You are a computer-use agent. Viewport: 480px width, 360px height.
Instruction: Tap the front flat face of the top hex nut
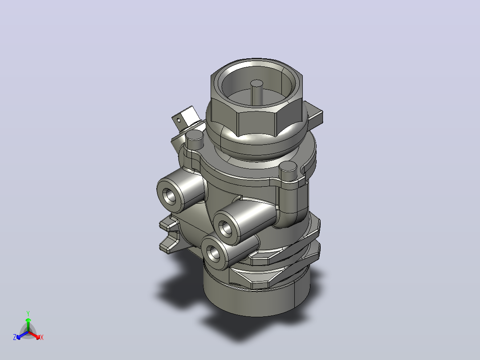click(x=257, y=123)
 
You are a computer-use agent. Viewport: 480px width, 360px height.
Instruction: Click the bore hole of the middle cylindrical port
click(x=226, y=228)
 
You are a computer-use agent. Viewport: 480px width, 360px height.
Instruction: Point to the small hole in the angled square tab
click(x=179, y=120)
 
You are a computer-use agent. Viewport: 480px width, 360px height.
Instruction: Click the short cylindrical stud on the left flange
click(x=195, y=139)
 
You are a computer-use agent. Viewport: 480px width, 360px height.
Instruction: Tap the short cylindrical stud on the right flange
click(x=288, y=171)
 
